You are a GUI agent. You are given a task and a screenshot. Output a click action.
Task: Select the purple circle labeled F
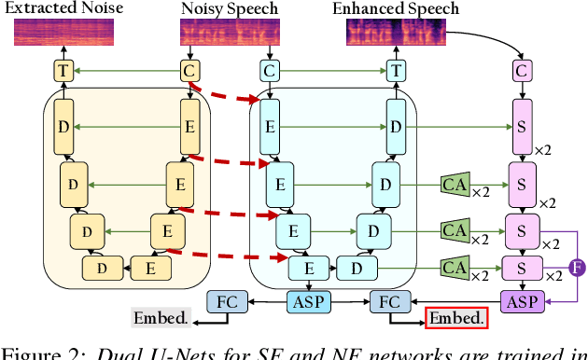coord(576,269)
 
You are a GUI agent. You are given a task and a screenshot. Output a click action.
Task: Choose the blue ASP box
coord(311,300)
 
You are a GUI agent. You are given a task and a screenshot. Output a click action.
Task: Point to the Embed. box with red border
coord(456,318)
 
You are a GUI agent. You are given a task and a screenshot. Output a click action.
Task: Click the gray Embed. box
coord(161,318)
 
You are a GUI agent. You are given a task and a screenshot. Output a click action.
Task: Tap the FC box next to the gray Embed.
coord(227,300)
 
